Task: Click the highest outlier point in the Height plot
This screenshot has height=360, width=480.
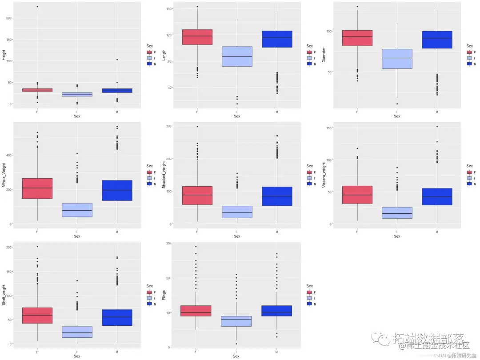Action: coord(37,7)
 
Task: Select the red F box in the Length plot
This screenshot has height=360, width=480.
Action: coord(197,37)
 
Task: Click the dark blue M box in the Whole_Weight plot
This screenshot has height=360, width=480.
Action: coord(117,190)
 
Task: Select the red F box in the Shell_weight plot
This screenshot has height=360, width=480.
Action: coord(37,315)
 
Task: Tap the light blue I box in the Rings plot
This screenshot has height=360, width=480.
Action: coord(237,321)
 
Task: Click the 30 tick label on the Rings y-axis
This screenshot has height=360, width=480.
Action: coord(168,243)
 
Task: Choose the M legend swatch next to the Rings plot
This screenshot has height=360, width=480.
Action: coord(309,304)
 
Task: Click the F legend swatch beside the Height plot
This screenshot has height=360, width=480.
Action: coord(149,52)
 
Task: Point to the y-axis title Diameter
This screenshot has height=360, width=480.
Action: coord(324,55)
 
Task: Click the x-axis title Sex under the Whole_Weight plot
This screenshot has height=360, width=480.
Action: coord(77,236)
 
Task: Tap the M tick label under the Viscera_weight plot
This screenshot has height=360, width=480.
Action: coord(437,232)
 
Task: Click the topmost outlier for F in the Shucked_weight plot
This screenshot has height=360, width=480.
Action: coord(197,127)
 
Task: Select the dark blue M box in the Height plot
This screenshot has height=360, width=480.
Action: coord(117,91)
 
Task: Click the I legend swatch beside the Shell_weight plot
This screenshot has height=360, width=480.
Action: coord(149,298)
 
